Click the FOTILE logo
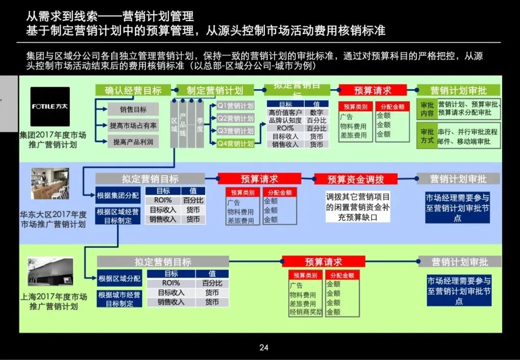pos(50,106)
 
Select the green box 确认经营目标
pos(132,90)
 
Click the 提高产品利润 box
pos(133,142)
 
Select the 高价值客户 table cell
pos(285,112)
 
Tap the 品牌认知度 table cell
pos(285,120)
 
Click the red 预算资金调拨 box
pos(356,179)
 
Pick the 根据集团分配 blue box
pos(118,195)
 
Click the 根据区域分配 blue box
pos(120,278)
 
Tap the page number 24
pos(264,347)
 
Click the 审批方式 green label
pos(427,136)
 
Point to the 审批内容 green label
pos(427,109)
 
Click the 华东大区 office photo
pos(50,183)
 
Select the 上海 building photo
pos(50,271)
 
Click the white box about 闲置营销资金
pos(357,207)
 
